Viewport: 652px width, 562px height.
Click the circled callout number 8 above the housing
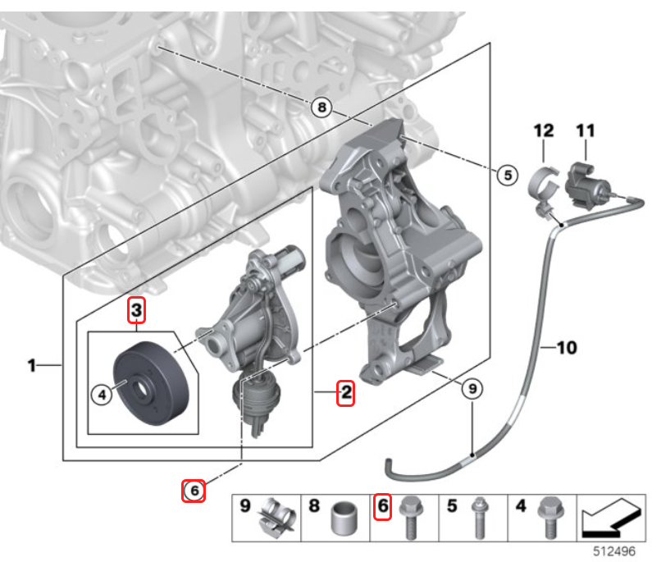[321, 107]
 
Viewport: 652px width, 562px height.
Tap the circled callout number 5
[508, 175]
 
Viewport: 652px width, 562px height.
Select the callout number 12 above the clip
[544, 130]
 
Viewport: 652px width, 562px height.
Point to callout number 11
[585, 130]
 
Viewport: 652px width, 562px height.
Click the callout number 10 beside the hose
[567, 347]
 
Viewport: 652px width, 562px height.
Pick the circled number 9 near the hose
[472, 389]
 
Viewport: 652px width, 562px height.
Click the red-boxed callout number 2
[346, 392]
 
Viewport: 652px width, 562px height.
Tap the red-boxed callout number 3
[136, 310]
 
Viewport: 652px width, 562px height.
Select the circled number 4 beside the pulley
[102, 395]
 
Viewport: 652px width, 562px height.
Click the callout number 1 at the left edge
[32, 365]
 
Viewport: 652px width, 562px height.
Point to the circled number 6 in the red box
[194, 491]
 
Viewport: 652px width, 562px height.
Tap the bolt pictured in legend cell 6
[411, 518]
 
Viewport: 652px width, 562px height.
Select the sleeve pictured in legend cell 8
[344, 519]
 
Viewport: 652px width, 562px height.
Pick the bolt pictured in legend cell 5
[480, 518]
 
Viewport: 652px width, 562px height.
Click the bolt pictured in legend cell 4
[549, 518]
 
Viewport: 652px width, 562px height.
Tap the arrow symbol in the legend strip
[610, 519]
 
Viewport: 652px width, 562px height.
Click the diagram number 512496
[613, 551]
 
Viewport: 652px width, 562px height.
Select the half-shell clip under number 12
[544, 186]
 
